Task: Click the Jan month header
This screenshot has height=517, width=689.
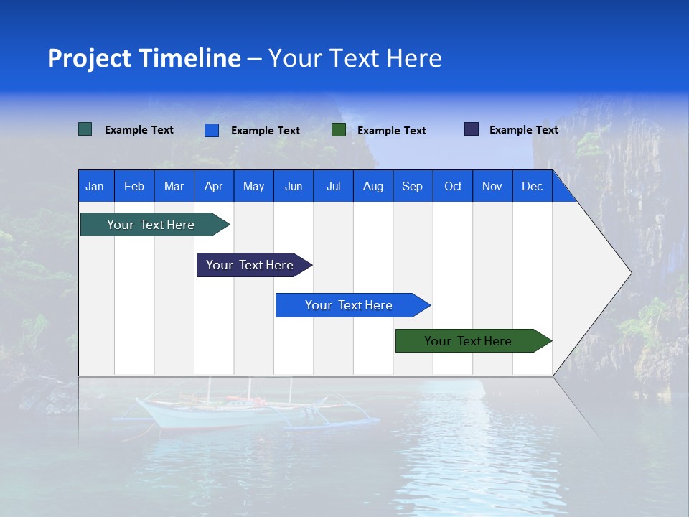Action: [95, 186]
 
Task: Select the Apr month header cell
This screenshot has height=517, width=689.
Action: [214, 186]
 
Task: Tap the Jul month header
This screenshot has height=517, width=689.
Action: [333, 186]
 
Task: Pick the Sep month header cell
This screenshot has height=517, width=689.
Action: [413, 186]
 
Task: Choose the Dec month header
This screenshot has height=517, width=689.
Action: [532, 186]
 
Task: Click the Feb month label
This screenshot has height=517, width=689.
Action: [134, 186]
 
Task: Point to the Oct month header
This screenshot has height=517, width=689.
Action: [453, 186]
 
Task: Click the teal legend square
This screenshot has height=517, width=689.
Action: [85, 129]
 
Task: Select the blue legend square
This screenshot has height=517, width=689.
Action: [212, 130]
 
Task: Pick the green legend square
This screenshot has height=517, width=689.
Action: [339, 130]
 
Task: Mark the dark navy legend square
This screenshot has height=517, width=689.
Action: [472, 129]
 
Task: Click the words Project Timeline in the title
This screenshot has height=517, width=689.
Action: [144, 58]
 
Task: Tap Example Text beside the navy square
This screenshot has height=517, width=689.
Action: [523, 130]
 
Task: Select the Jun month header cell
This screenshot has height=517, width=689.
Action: [294, 186]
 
